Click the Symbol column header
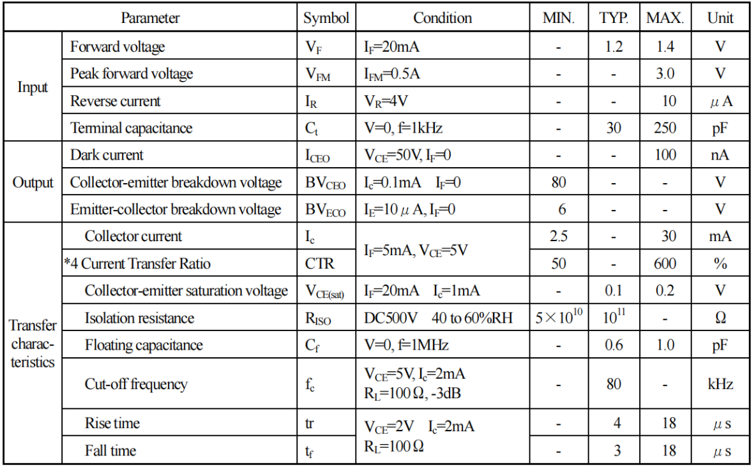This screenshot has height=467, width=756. point(326,19)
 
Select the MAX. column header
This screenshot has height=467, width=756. point(665,19)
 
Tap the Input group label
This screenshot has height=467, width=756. point(33,87)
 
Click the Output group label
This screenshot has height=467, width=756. point(33,182)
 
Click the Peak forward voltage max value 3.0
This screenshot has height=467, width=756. point(665,73)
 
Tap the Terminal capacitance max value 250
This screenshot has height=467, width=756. point(665,128)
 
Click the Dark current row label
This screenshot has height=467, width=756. point(107,155)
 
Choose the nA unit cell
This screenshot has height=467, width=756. point(720,155)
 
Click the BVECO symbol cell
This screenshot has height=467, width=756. point(326,210)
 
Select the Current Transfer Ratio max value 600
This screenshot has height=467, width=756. point(665,263)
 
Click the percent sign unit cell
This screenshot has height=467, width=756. point(720,263)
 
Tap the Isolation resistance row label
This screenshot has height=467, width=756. point(139,318)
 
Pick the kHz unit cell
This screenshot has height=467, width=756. point(720,384)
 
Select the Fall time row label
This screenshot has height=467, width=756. point(110,450)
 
